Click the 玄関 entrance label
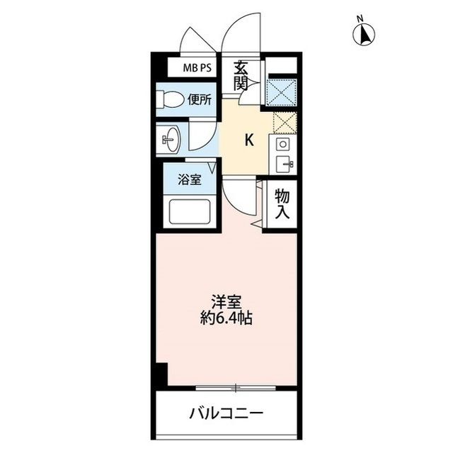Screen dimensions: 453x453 (242, 76)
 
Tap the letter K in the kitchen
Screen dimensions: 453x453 (248, 140)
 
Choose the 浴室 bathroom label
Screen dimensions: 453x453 (189, 179)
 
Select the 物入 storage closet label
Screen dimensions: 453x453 (281, 204)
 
